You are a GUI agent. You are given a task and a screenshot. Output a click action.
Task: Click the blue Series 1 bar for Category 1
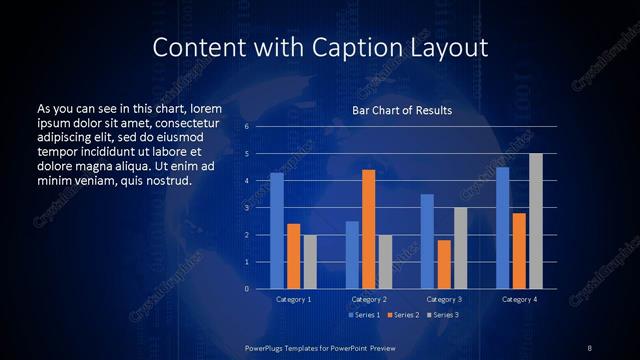(277, 231)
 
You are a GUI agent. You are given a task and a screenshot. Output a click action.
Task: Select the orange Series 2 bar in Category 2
(368, 229)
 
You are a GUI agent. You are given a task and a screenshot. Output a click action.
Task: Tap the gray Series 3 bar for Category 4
(536, 221)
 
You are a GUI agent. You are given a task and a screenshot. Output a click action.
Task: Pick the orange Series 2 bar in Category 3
(444, 264)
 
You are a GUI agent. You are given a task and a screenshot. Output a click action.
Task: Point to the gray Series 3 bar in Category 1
(310, 262)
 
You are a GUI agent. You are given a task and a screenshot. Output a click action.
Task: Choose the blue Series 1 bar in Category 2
(352, 255)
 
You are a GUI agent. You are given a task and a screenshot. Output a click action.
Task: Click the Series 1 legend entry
(363, 316)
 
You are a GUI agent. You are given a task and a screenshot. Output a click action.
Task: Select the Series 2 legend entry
(403, 316)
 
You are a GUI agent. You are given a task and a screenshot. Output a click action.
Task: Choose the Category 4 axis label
(519, 299)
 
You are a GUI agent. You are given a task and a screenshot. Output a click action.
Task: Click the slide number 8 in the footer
(589, 347)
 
